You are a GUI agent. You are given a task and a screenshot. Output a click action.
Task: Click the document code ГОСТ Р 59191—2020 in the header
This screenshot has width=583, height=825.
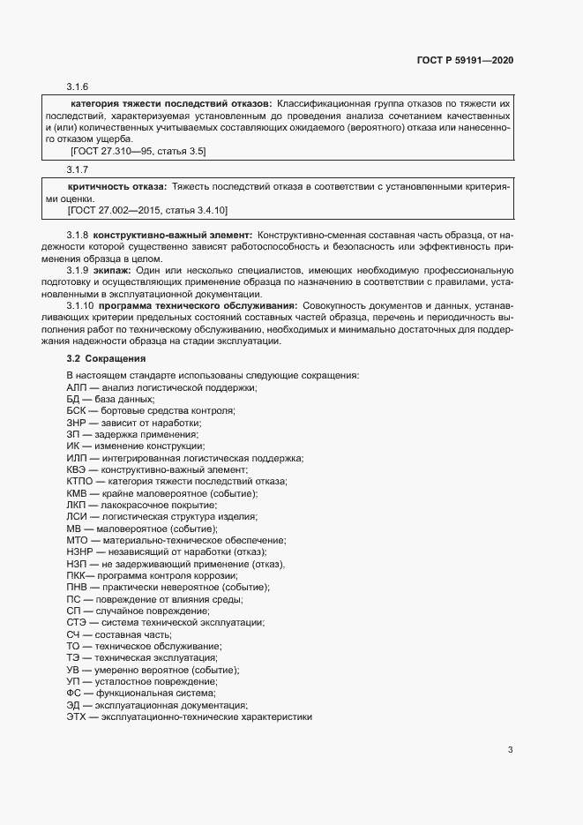[465, 60]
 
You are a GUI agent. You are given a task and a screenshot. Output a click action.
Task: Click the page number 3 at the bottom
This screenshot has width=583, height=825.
[510, 751]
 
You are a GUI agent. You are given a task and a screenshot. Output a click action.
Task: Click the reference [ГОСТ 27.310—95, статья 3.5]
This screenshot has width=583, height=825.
[138, 151]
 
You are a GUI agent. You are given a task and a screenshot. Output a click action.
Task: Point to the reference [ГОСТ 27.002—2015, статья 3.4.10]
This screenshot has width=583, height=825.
[147, 211]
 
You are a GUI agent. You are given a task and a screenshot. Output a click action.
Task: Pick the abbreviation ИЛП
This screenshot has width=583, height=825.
[77, 458]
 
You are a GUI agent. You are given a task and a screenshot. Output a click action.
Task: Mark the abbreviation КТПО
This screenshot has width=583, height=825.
[79, 482]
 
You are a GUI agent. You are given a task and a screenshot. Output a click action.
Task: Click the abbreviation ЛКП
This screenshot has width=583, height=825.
[77, 505]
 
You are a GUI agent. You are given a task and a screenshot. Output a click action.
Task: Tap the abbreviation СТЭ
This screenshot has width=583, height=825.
[77, 623]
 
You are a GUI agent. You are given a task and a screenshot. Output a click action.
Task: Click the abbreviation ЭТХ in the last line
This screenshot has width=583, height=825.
[77, 717]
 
